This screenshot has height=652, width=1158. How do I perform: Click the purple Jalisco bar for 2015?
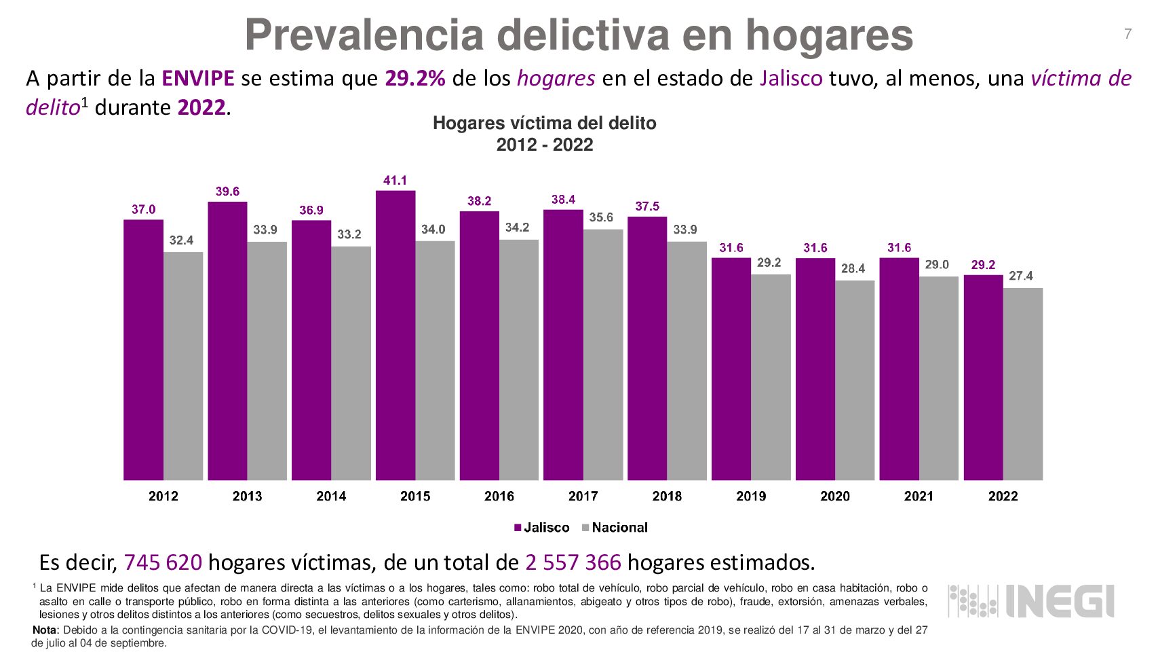(395, 336)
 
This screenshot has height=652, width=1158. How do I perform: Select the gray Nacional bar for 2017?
(603, 355)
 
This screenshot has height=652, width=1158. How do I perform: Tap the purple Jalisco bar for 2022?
(983, 378)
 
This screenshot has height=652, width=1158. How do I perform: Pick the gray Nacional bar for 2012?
(183, 366)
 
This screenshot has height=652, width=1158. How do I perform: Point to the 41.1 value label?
(395, 181)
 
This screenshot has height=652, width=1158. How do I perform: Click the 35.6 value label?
(600, 217)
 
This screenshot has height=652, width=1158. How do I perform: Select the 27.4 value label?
(1020, 276)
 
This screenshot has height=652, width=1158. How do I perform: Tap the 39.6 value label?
(227, 192)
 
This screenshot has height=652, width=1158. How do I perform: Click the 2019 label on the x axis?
(751, 496)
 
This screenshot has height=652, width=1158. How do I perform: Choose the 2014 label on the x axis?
(331, 496)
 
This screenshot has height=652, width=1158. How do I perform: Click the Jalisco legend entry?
(541, 528)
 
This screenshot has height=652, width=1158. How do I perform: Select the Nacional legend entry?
(615, 528)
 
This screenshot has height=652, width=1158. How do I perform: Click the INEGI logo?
(1031, 601)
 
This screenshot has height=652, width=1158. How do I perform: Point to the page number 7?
(1127, 34)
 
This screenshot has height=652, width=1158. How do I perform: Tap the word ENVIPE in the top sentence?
(197, 79)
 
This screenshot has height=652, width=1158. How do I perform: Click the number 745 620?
(163, 562)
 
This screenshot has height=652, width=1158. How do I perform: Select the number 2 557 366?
(573, 562)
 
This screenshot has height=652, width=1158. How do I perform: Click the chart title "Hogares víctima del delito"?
(544, 124)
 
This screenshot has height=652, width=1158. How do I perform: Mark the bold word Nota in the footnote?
(45, 630)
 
